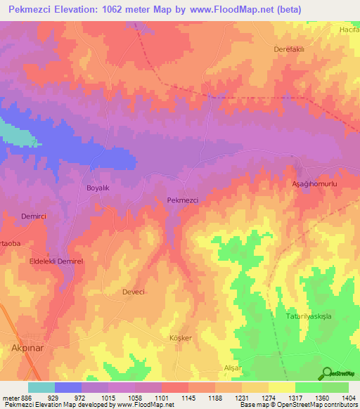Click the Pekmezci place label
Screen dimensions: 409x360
pos(182,200)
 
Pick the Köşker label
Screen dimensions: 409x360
pos(181,338)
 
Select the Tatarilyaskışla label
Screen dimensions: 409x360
pos(308,317)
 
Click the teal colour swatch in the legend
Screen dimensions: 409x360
pos(41,387)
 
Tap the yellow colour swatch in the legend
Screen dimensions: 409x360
pos(282,387)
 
